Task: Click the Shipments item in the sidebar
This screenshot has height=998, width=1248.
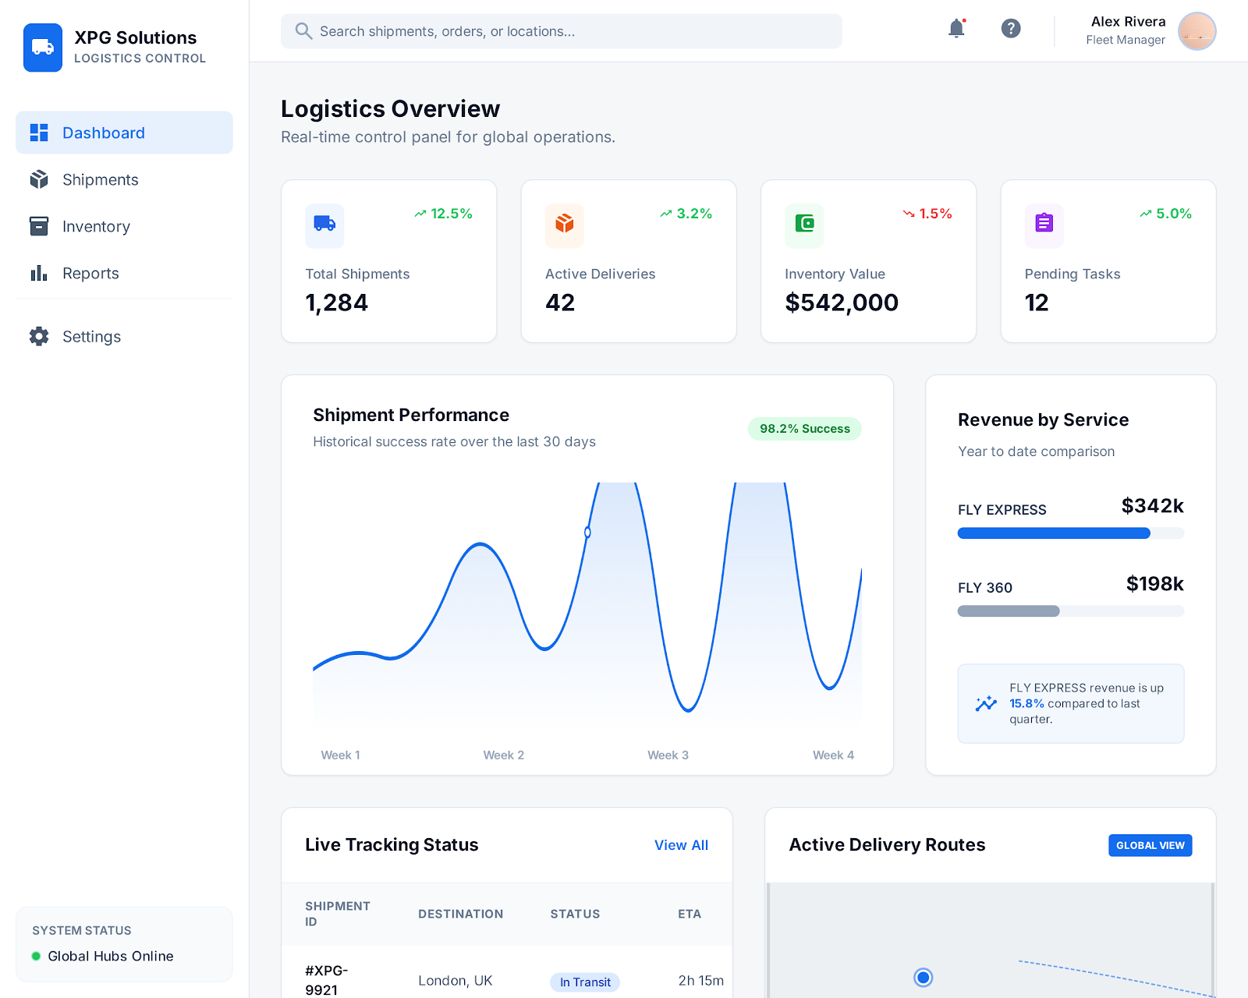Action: point(100,180)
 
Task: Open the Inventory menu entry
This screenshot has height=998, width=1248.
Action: point(96,227)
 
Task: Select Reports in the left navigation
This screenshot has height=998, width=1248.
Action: point(90,274)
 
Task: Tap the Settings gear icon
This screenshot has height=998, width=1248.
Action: point(39,337)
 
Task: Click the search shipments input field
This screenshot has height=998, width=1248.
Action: point(562,31)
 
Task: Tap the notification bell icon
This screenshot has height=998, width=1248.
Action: point(956,29)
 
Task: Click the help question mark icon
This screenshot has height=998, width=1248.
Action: point(1011,29)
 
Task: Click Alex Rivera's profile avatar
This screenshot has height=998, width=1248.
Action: point(1197,31)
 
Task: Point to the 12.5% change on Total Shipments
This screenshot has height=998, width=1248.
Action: point(443,214)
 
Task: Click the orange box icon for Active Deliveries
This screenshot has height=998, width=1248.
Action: point(565,225)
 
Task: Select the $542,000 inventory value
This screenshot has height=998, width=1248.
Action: point(842,303)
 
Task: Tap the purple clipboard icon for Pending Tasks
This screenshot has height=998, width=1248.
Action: point(1044,224)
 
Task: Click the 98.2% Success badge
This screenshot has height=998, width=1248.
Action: point(804,429)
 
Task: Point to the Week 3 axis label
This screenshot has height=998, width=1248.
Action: point(668,755)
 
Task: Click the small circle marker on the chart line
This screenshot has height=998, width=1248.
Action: point(587,533)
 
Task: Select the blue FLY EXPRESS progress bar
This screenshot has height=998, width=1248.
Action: point(1053,533)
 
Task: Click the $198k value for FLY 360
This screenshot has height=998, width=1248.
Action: point(1154,584)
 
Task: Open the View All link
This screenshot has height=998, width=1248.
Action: point(681,845)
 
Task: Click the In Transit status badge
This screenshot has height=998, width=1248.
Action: point(585,982)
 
